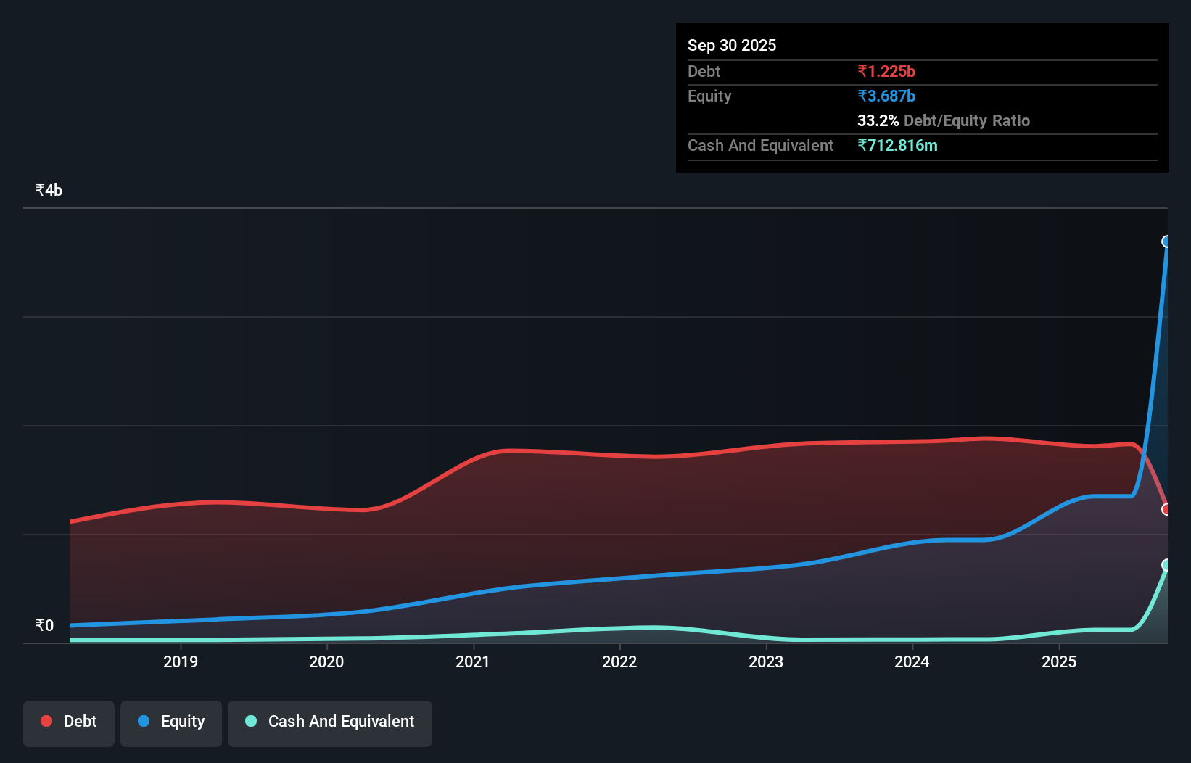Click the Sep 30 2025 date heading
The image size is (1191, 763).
(731, 45)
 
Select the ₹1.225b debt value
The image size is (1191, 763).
(886, 71)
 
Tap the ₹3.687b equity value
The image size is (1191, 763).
(886, 96)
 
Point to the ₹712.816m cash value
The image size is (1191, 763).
(897, 145)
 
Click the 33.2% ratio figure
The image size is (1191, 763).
(878, 120)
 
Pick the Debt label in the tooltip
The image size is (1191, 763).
(704, 71)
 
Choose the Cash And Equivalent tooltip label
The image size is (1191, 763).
(760, 145)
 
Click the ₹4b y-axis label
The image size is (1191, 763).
(49, 190)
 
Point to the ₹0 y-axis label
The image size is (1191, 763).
(44, 625)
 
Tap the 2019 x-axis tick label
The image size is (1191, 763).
(180, 661)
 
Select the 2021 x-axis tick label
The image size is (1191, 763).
(473, 661)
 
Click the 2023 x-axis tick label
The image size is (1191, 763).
(766, 661)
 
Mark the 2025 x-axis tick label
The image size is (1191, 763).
(1059, 661)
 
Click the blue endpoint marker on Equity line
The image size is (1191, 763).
(1166, 242)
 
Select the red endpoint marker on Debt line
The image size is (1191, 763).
(1166, 509)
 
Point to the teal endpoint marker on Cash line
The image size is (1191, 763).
(1166, 565)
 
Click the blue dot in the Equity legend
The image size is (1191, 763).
(144, 721)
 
